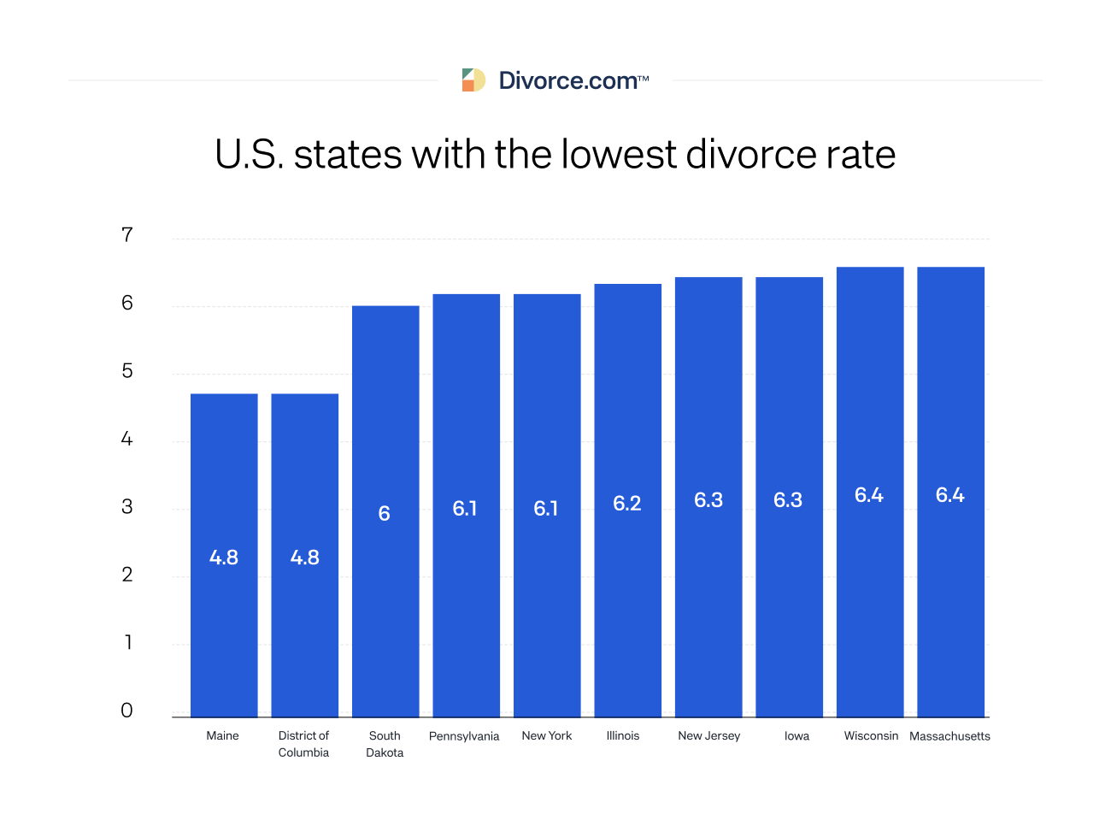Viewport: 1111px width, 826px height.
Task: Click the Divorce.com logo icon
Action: coord(473,80)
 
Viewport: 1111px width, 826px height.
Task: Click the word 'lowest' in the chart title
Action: coord(618,155)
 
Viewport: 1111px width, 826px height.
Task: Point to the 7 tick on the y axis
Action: coord(127,235)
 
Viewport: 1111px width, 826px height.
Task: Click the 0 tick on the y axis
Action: coord(127,711)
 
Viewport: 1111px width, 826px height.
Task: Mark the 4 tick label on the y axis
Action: coord(127,440)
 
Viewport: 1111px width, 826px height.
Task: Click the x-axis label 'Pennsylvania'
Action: coord(464,736)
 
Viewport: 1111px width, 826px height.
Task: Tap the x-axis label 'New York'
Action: coord(547,735)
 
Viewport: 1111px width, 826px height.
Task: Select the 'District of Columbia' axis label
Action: coord(303,744)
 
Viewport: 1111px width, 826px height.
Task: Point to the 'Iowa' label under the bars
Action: coord(797,736)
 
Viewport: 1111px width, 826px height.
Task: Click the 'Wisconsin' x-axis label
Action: coord(871,735)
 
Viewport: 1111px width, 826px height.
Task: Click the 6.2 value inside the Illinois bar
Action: coord(627,504)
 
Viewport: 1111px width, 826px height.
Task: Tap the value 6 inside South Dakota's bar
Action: coord(385,514)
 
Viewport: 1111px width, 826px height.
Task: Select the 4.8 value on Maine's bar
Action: coord(224,558)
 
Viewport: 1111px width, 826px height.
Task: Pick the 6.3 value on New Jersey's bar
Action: coord(708,500)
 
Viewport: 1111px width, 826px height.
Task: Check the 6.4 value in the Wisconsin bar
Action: coord(869,495)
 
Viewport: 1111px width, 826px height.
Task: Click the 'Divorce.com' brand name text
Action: coord(568,81)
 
